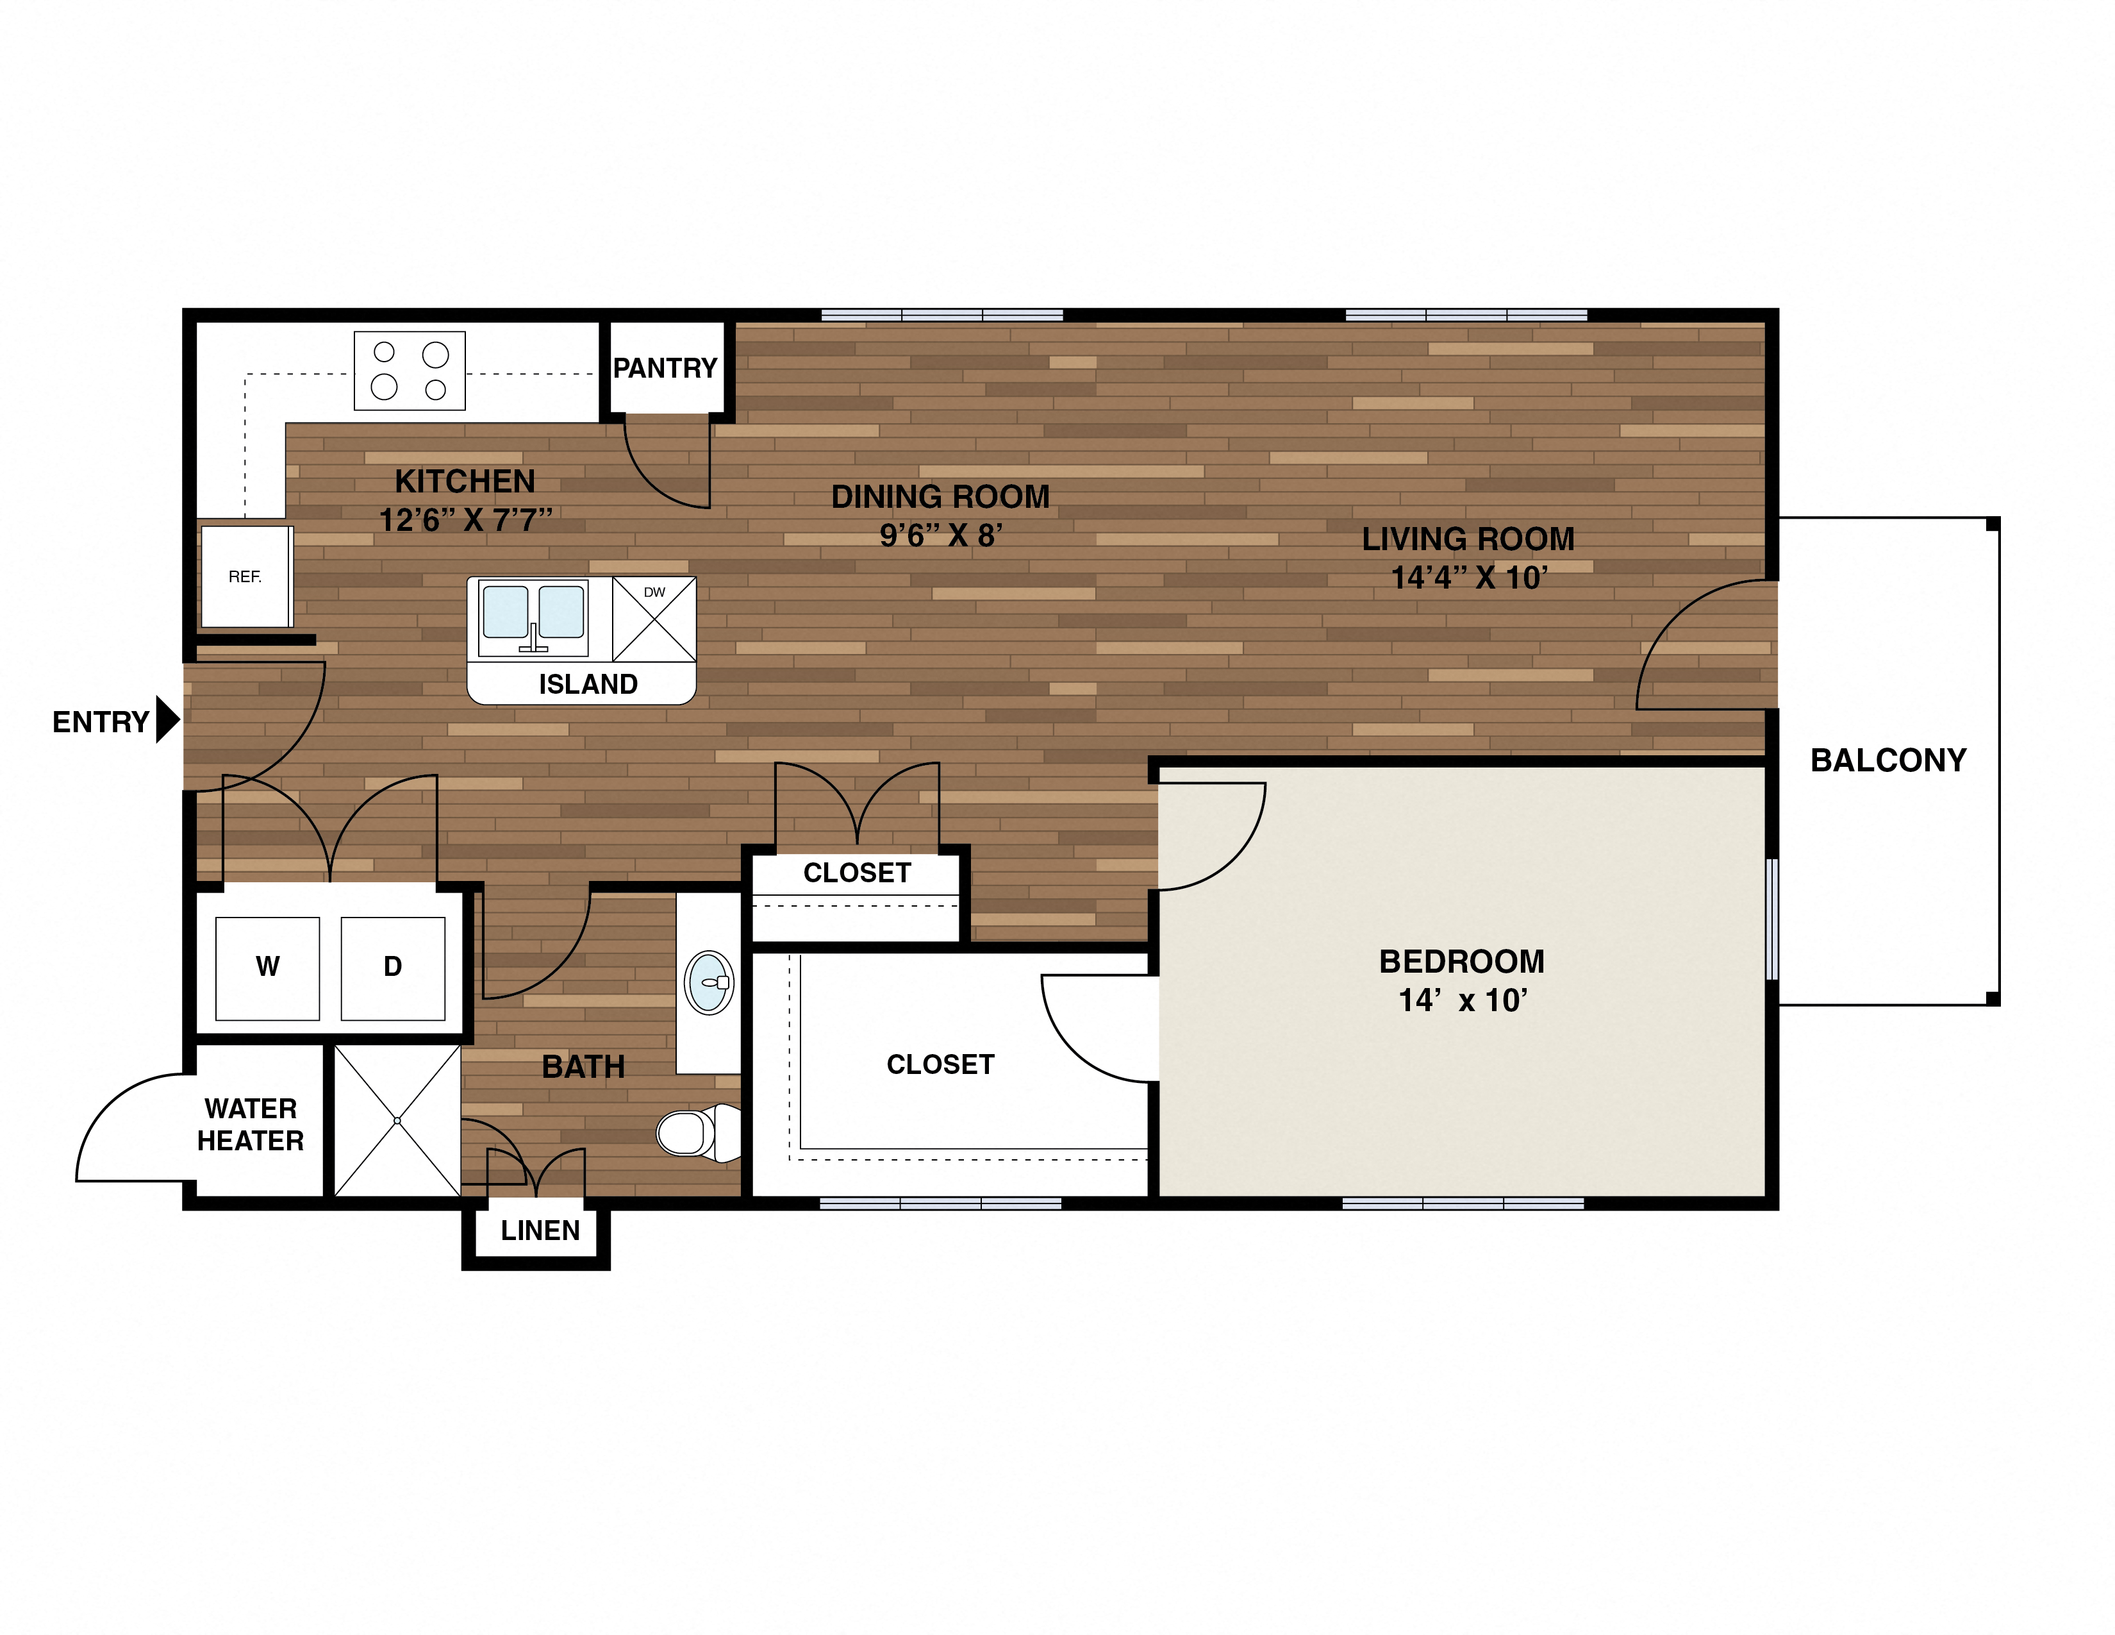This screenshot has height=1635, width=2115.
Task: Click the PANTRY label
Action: [665, 368]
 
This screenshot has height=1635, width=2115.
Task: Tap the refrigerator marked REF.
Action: [245, 577]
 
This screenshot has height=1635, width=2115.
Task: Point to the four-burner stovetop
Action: [410, 371]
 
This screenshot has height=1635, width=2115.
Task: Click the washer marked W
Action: [267, 968]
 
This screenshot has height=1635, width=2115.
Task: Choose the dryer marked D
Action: [393, 968]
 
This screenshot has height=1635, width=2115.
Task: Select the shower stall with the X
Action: [397, 1121]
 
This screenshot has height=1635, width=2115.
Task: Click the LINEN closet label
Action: [540, 1231]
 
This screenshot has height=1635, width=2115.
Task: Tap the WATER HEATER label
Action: [251, 1125]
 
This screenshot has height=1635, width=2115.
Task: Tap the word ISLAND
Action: [588, 685]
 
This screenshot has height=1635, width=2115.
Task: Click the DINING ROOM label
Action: [940, 497]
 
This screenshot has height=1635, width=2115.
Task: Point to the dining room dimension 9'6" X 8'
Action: [940, 535]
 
